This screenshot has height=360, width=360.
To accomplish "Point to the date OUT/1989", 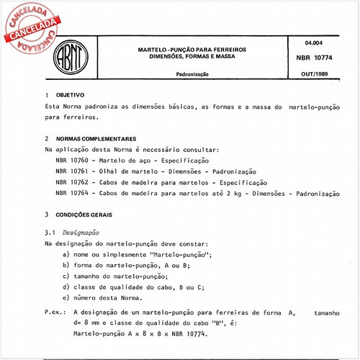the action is point(314,74).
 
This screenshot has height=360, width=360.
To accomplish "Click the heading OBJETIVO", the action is point(71,95).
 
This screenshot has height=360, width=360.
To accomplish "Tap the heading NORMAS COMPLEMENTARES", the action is point(95,138).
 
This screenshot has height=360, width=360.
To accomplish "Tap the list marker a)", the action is point(66,256).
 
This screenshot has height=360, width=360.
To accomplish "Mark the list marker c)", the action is point(66,276).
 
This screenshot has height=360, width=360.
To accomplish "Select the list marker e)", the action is point(66,297).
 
